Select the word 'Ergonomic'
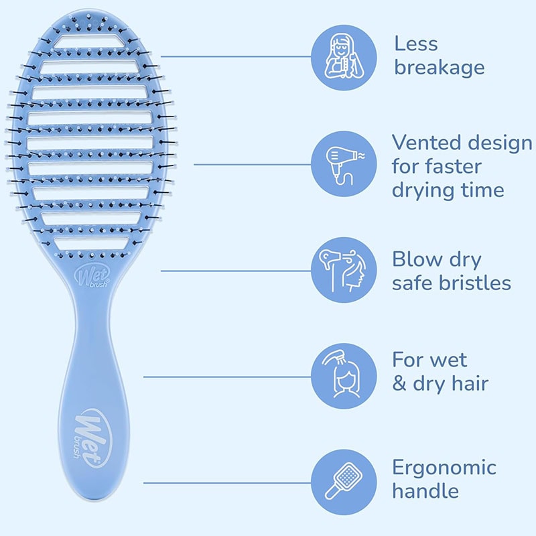pyautogui.click(x=444, y=467)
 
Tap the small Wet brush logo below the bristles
pyautogui.click(x=94, y=275)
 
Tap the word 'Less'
pyautogui.click(x=415, y=44)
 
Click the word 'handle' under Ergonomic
pyautogui.click(x=425, y=490)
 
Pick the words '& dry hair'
pyautogui.click(x=440, y=383)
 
